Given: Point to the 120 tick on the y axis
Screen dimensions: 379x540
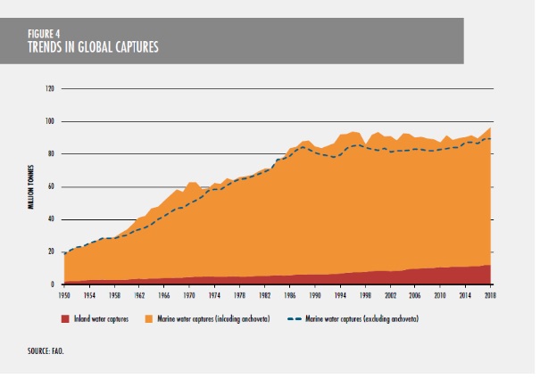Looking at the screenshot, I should click(50, 88).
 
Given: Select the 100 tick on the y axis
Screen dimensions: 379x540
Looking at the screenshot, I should click(50, 121).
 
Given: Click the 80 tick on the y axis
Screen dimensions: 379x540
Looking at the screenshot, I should click(51, 154).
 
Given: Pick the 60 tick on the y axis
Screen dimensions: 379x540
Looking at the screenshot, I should click(51, 186).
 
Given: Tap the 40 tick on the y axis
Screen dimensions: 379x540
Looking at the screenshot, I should click(51, 219).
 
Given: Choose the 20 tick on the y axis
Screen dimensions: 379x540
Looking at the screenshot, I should click(51, 252).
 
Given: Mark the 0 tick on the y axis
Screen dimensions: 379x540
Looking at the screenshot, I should click(53, 284).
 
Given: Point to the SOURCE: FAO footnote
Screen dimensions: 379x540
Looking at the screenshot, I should click(46, 350).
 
